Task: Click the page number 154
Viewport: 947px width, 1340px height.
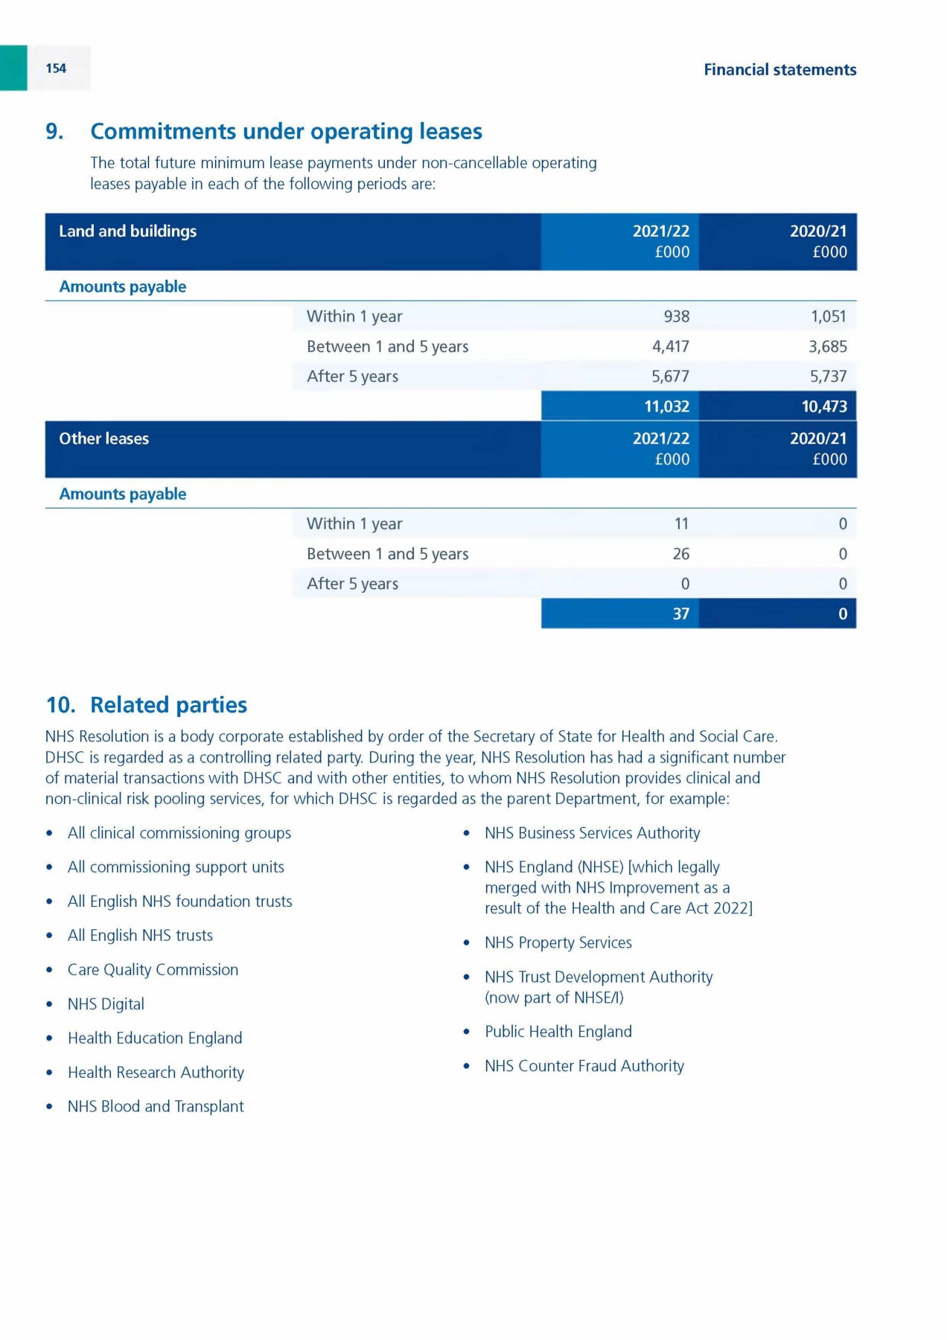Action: tap(56, 68)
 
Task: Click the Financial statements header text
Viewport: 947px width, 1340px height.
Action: tap(779, 70)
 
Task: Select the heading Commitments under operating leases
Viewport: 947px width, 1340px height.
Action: tap(286, 132)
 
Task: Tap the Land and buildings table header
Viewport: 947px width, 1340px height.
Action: tap(128, 232)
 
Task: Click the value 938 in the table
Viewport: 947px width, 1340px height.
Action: tap(676, 316)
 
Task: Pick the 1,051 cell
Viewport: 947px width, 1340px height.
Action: tap(828, 316)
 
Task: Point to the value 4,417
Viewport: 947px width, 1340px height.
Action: tap(670, 346)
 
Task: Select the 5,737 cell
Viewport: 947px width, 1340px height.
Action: tap(828, 376)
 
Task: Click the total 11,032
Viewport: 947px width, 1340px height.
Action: tap(666, 406)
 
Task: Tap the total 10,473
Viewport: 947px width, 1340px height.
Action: tap(823, 406)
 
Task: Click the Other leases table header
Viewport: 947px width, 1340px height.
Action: tap(104, 439)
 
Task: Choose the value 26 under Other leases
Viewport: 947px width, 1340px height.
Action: tap(680, 554)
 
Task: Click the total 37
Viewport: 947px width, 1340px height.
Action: tap(680, 613)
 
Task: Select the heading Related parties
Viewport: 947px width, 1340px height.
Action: tap(168, 705)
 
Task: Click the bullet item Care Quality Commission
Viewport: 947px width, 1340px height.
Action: tap(153, 970)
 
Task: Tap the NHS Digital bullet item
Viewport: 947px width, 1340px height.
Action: tap(106, 1004)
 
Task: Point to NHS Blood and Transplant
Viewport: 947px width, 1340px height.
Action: tap(156, 1107)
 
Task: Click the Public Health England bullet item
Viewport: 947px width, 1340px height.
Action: tap(558, 1032)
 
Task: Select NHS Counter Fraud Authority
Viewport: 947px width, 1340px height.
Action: tap(584, 1066)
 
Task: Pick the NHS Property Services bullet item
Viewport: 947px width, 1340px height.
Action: tap(558, 943)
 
